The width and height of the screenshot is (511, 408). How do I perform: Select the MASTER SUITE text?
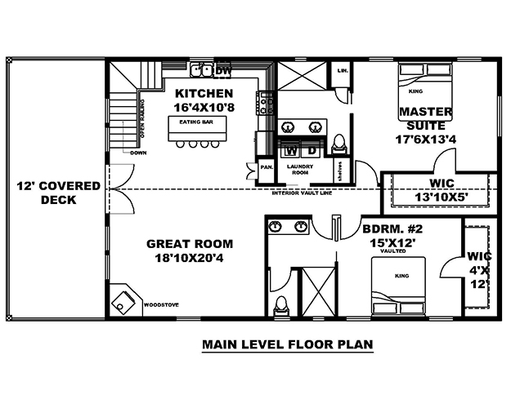click(x=422, y=118)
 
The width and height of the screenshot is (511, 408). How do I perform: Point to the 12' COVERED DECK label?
click(x=58, y=193)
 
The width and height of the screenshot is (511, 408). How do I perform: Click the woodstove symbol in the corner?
click(x=124, y=300)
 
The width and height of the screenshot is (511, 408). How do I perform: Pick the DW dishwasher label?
click(x=223, y=72)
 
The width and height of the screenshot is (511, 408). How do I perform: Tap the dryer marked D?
click(x=312, y=151)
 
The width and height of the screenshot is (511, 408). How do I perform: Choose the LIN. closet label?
click(x=343, y=72)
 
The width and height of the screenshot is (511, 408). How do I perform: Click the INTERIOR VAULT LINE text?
click(x=303, y=194)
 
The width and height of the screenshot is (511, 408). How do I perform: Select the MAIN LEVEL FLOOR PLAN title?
click(x=287, y=344)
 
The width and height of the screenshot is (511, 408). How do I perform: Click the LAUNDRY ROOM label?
click(x=301, y=170)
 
